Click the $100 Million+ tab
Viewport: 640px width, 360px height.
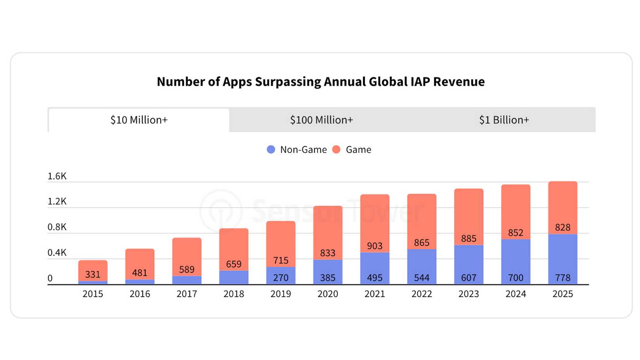click(322, 120)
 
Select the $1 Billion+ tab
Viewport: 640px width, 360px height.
click(504, 120)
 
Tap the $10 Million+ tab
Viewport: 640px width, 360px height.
click(139, 120)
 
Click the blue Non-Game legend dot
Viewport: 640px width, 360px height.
click(271, 149)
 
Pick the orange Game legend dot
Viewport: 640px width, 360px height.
click(336, 149)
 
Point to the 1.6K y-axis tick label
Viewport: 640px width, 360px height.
click(57, 176)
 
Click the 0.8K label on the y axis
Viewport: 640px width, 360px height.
click(57, 227)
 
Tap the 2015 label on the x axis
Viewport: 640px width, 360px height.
click(93, 294)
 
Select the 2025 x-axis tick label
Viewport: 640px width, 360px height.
click(562, 294)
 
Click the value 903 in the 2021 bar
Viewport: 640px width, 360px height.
click(375, 246)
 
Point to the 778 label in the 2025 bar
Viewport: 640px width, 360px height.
click(562, 278)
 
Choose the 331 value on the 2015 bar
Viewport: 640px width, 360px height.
click(93, 274)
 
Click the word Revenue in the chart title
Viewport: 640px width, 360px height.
click(459, 82)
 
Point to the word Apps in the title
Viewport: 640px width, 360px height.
click(237, 82)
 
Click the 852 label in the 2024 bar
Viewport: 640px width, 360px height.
click(515, 233)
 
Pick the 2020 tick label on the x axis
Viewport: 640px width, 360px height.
click(327, 294)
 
